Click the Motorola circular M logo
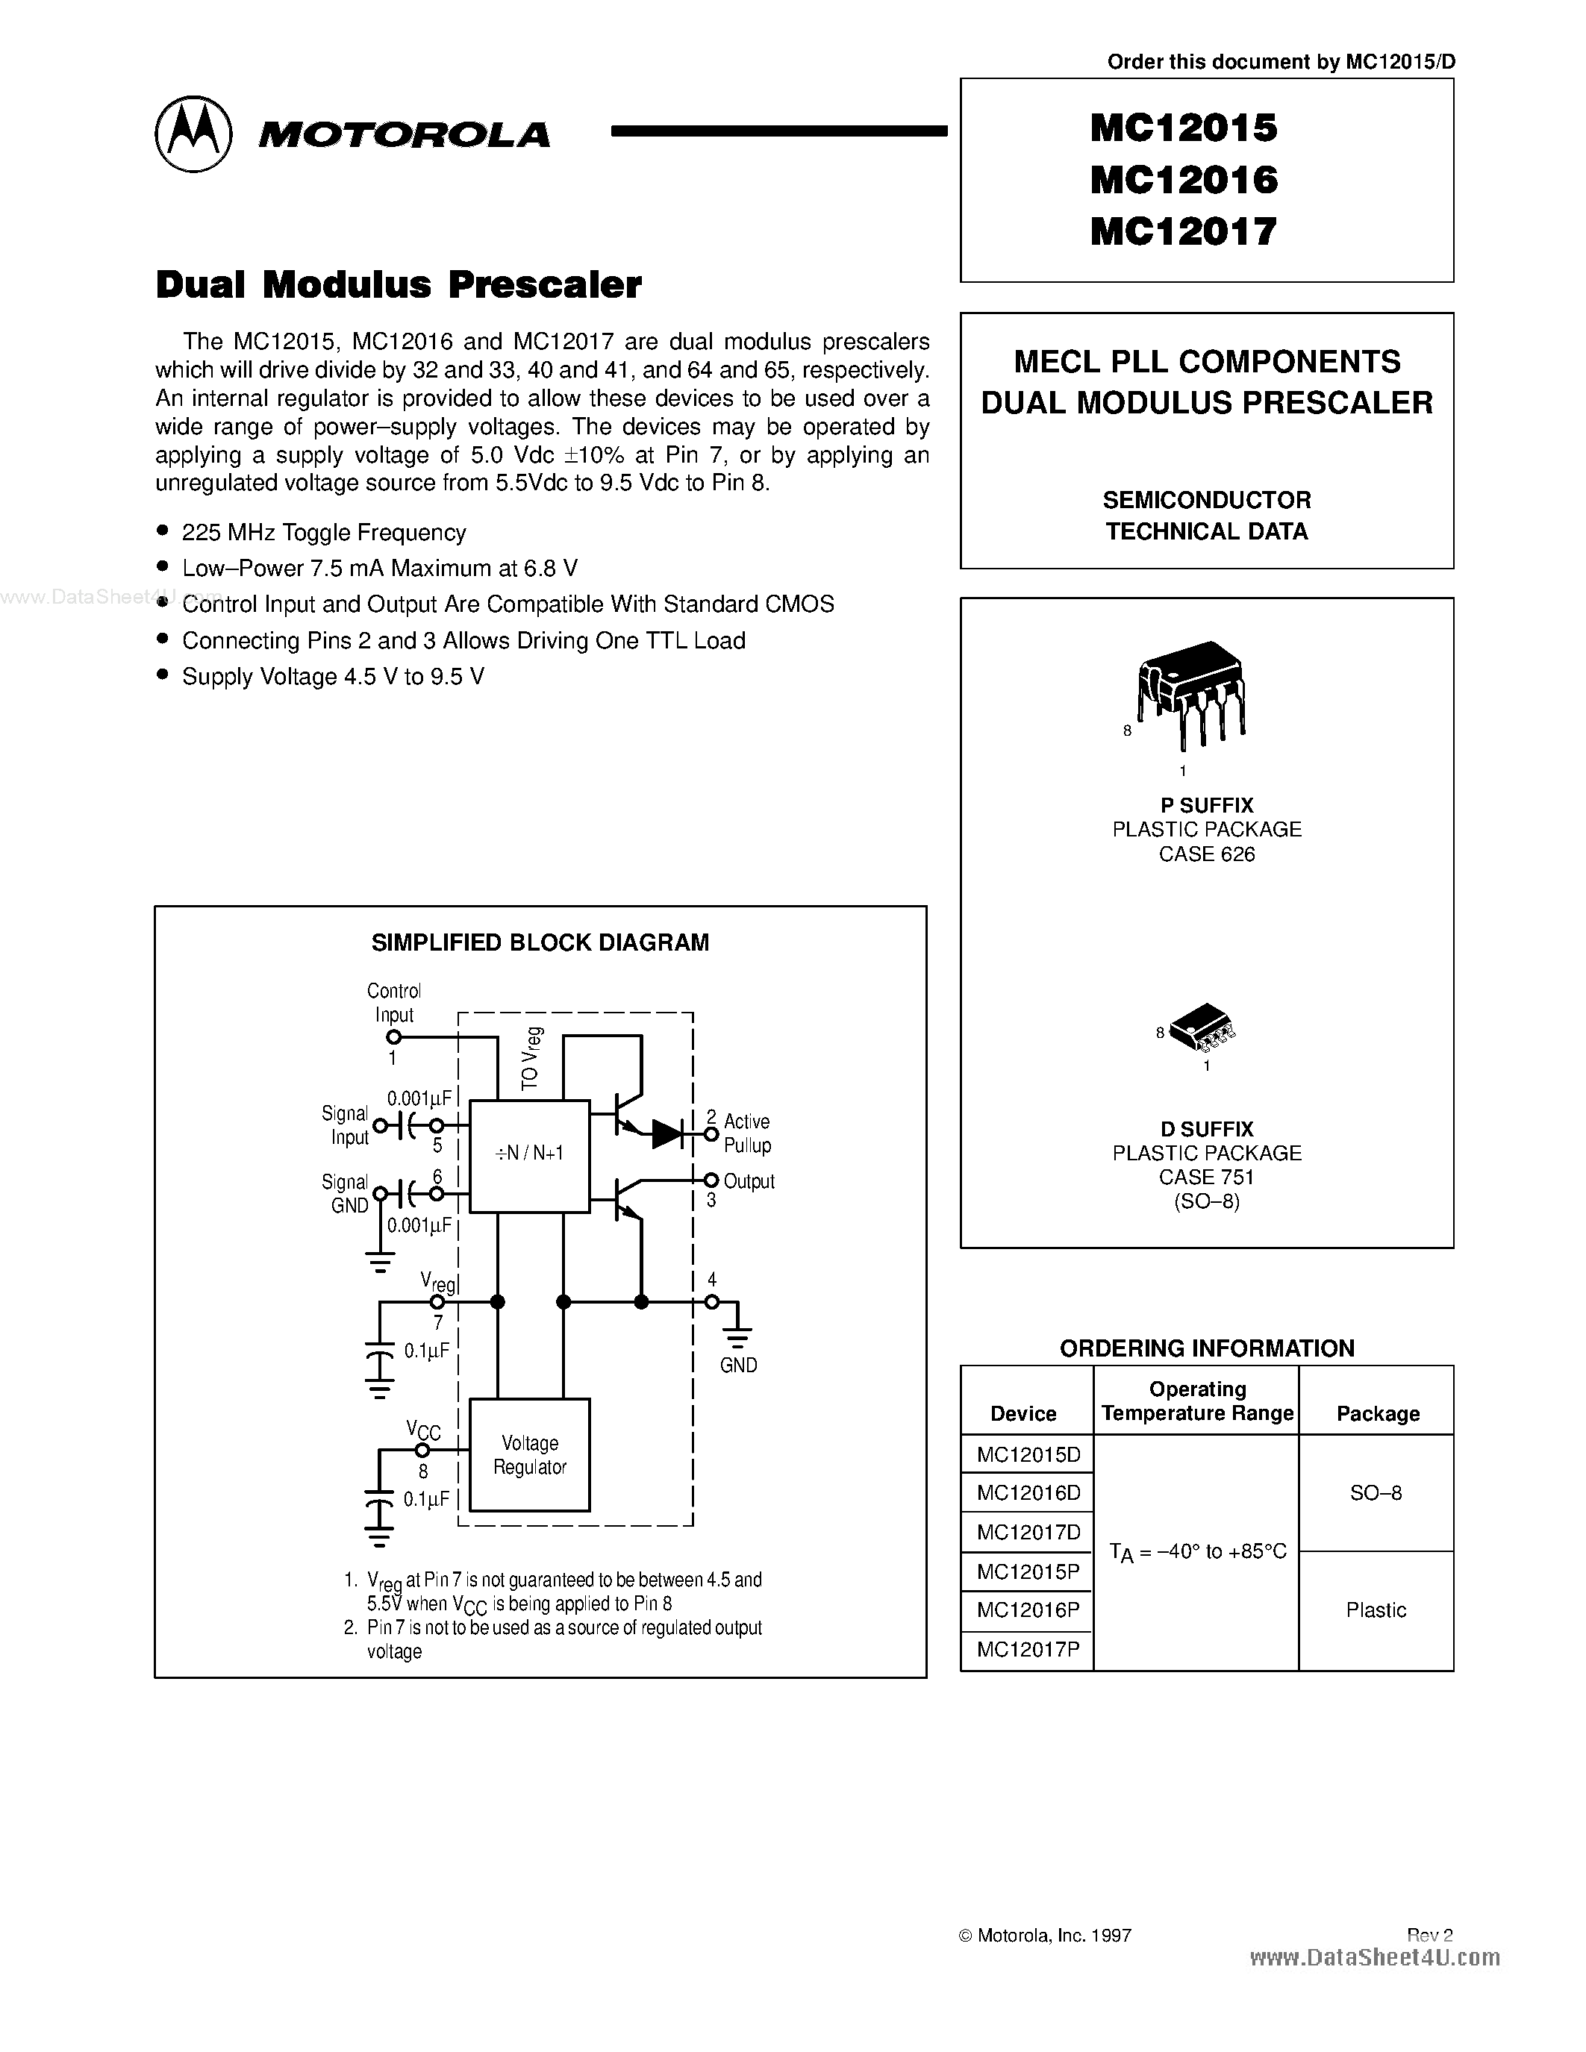pyautogui.click(x=193, y=134)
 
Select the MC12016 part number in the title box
pyautogui.click(x=1184, y=179)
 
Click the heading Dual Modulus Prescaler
pyautogui.click(x=399, y=285)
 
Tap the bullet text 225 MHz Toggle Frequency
pyautogui.click(x=324, y=533)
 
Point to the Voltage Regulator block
pyautogui.click(x=530, y=1455)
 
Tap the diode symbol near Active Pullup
pyautogui.click(x=667, y=1134)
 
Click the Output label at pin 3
pyautogui.click(x=749, y=1181)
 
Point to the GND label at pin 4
pyautogui.click(x=738, y=1366)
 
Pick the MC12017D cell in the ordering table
pyautogui.click(x=1028, y=1533)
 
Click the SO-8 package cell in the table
pyautogui.click(x=1376, y=1493)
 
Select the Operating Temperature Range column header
pyautogui.click(x=1197, y=1401)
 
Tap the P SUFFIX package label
pyautogui.click(x=1206, y=805)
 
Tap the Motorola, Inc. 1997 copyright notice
pyautogui.click(x=1045, y=1936)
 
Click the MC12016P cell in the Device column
pyautogui.click(x=1028, y=1610)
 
